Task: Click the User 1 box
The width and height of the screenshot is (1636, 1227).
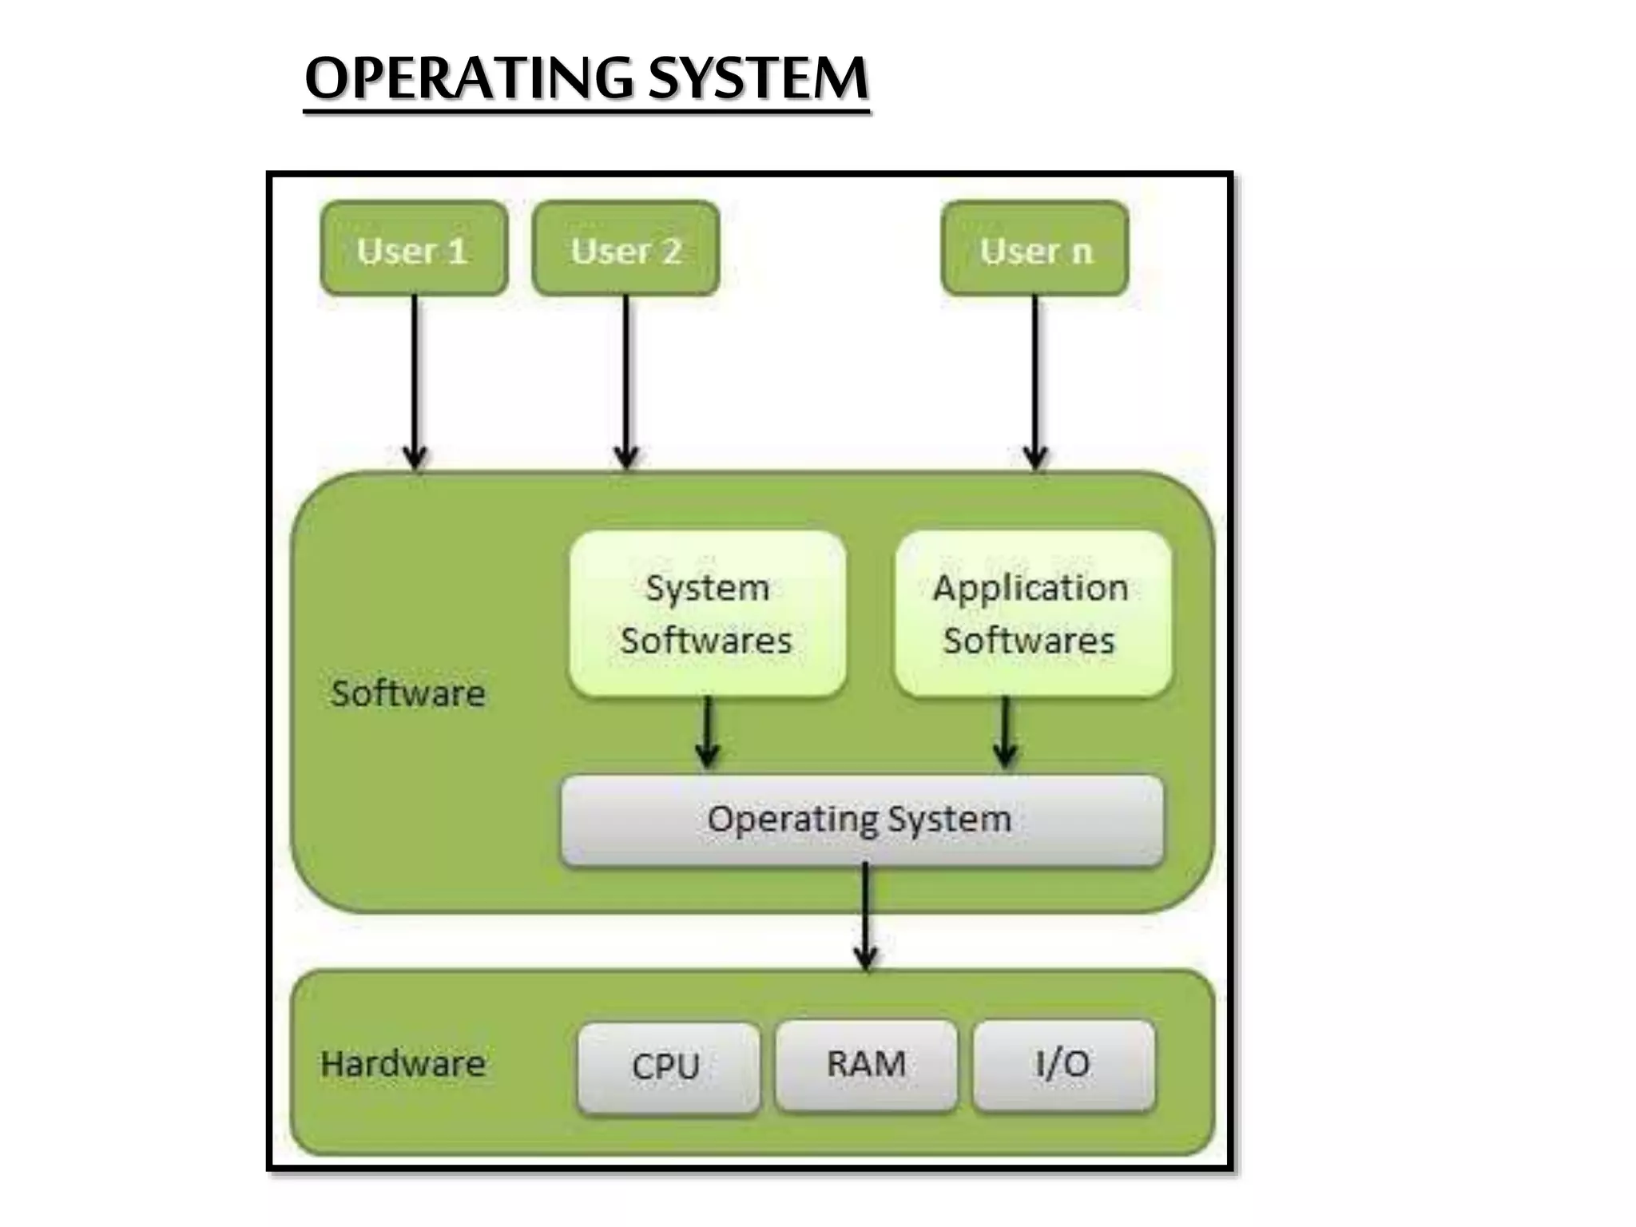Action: [413, 248]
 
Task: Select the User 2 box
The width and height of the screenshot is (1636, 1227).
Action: [625, 248]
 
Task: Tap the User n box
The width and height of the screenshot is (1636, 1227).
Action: [1035, 248]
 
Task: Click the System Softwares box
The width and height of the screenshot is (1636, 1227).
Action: [707, 613]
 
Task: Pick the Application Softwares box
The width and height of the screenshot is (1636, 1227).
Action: [1032, 613]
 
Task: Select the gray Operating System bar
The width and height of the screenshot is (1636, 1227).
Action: [861, 820]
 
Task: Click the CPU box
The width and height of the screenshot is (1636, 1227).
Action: [668, 1067]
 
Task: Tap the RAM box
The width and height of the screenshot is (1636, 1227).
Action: [866, 1065]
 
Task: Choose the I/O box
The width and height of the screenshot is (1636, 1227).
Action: [1063, 1065]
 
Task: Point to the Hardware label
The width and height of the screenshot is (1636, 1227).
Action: [403, 1064]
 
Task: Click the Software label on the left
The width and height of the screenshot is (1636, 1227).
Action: [408, 693]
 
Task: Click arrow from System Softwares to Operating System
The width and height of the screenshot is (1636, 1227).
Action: [707, 732]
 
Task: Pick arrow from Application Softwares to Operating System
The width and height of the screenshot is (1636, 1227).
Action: [1005, 732]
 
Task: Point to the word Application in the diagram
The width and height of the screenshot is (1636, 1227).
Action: [1030, 589]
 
